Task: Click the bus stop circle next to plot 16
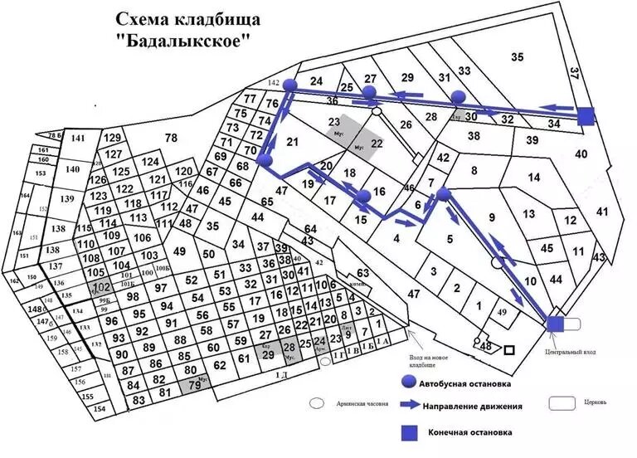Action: click(363, 197)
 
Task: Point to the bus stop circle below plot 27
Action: click(370, 91)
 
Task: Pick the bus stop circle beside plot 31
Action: click(459, 96)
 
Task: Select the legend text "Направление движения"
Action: click(473, 407)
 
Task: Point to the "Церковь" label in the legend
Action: click(595, 402)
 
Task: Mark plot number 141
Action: click(78, 139)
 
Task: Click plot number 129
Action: click(113, 138)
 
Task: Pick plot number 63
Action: click(362, 273)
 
